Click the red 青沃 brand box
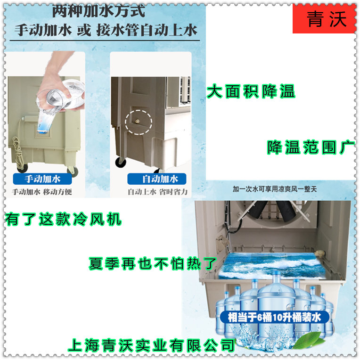[324, 19]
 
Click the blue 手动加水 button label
[42, 179]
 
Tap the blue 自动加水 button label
[157, 179]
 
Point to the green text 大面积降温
[251, 91]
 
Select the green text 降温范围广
[311, 147]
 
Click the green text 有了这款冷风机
[63, 219]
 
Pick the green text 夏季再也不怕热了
[153, 263]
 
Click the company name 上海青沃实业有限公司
[152, 345]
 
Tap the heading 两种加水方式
[99, 11]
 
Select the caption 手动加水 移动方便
[42, 192]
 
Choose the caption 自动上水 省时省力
[158, 192]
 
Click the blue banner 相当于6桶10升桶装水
[275, 317]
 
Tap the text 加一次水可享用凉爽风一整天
[275, 189]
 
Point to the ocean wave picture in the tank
[272, 266]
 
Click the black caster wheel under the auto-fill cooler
[121, 163]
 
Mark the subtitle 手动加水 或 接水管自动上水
[106, 30]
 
